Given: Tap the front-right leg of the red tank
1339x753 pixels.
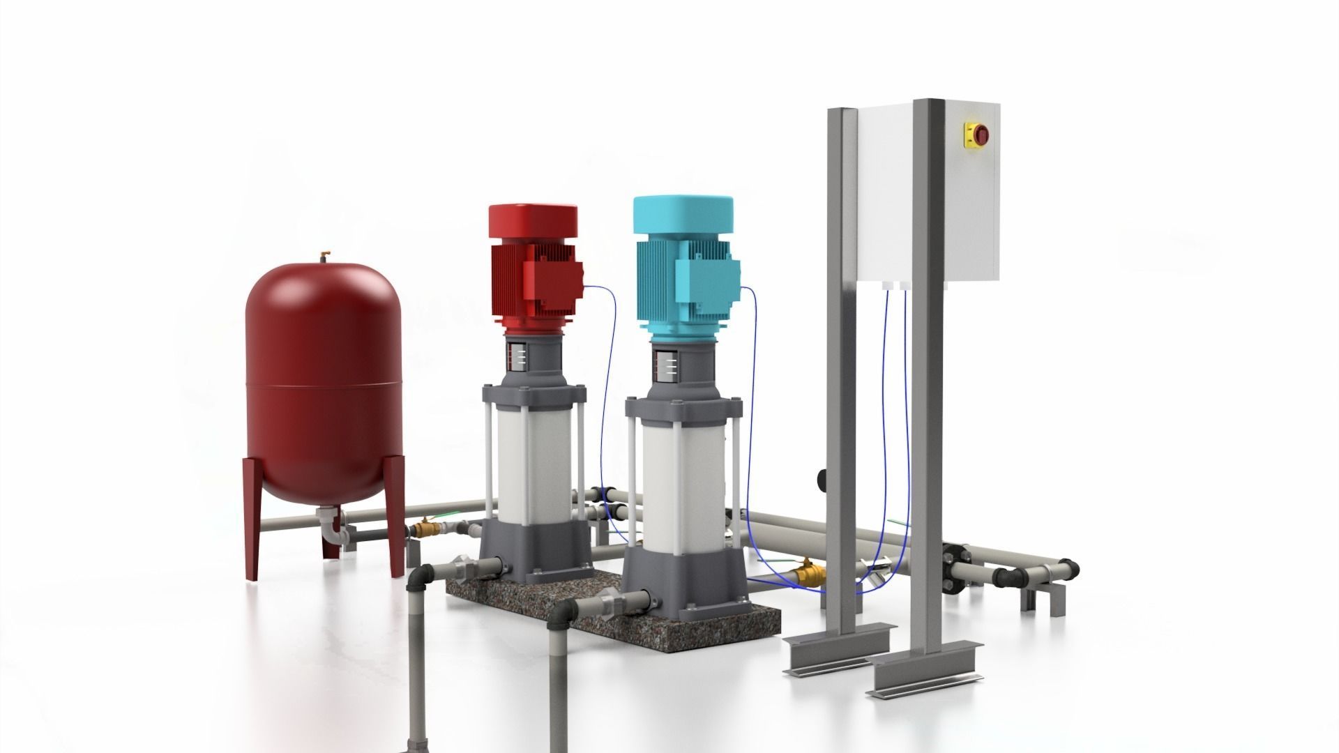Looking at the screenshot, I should coord(395,516).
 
